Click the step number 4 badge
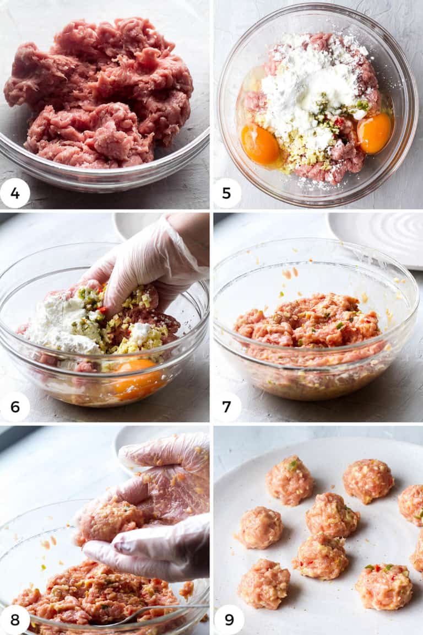click(x=15, y=193)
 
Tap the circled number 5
click(x=227, y=193)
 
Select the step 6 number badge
click(x=15, y=407)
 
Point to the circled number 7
click(x=227, y=407)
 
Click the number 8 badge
click(x=15, y=620)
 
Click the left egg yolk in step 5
click(x=260, y=144)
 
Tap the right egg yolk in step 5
click(x=374, y=133)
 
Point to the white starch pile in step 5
click(x=308, y=88)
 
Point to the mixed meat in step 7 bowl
click(x=308, y=325)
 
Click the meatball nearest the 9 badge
click(x=264, y=584)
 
